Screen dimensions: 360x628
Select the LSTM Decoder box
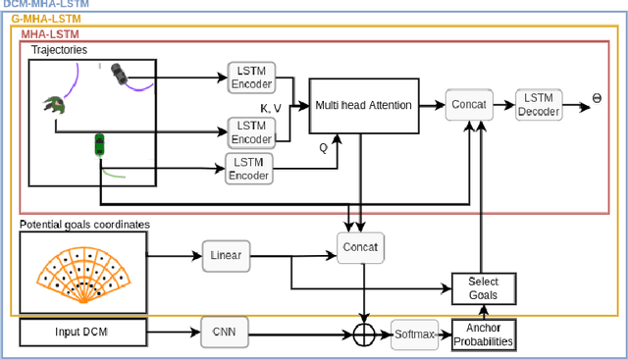539,104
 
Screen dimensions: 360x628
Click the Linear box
228,255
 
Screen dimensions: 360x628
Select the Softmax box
413,334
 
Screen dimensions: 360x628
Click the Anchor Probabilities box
483,334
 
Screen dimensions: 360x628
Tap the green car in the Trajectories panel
99,144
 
